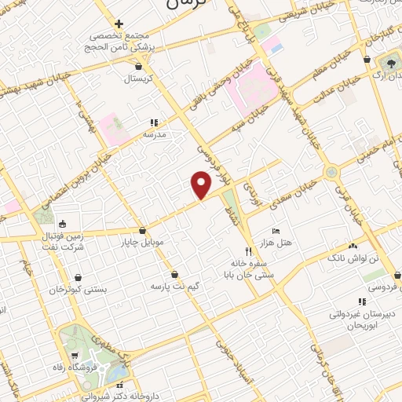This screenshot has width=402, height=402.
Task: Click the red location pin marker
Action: point(202,184)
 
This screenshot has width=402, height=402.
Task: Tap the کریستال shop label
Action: point(137,79)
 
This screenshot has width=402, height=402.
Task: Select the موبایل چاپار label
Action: point(142,242)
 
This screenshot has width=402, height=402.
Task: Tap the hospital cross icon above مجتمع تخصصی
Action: point(119,24)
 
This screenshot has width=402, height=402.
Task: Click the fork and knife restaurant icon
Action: point(248,252)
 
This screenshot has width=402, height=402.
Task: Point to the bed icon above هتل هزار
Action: point(275,231)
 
